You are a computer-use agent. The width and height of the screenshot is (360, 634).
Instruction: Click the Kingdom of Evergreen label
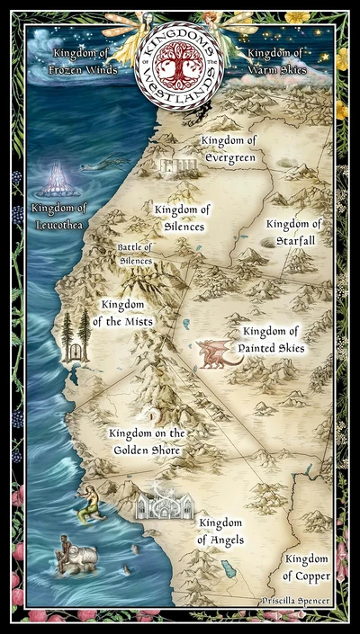[229, 148]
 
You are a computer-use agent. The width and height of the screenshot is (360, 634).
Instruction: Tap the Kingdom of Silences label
[182, 218]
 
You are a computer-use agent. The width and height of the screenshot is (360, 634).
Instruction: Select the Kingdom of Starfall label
[293, 231]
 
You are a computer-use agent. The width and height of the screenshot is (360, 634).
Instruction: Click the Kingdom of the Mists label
[127, 312]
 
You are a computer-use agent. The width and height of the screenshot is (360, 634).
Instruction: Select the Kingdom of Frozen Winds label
[84, 61]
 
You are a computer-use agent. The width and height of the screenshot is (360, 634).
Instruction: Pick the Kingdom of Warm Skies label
[276, 61]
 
